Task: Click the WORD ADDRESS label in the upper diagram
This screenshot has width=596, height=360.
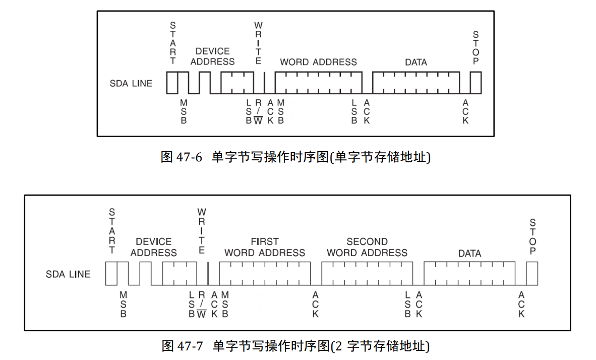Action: pos(318,62)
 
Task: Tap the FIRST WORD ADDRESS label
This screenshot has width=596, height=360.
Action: pos(265,247)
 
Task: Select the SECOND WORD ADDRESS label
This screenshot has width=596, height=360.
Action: pos(367,247)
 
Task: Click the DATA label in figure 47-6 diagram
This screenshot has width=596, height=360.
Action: pos(416,62)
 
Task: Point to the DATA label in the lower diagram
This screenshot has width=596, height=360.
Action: pos(469,253)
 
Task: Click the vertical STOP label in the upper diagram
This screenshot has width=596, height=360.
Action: pos(476,47)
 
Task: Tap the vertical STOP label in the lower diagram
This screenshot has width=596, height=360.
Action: pos(533,237)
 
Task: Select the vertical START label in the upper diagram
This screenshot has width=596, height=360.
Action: pos(173,43)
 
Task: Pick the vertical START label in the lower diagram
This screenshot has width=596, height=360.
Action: pos(112,231)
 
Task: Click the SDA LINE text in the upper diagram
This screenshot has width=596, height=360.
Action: pos(131,83)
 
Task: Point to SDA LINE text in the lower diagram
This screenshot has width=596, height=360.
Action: pos(68,274)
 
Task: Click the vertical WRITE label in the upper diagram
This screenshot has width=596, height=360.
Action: pos(258,43)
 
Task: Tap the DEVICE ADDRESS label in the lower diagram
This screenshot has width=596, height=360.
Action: pos(154,247)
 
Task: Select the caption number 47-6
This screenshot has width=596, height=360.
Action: pos(189,157)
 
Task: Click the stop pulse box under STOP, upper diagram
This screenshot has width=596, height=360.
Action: pos(476,83)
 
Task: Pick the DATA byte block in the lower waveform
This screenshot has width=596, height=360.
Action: pos(469,274)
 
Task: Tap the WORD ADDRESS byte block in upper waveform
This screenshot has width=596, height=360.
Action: pos(318,83)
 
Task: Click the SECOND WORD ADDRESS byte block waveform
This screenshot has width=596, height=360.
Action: pos(367,274)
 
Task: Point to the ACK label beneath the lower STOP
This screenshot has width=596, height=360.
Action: pos(521,304)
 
